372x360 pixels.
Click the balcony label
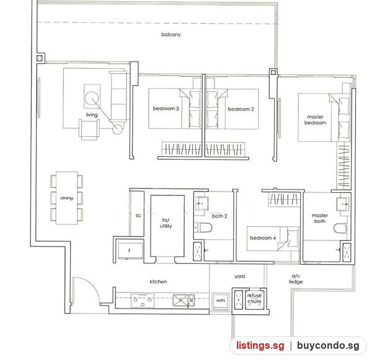(x=171, y=35)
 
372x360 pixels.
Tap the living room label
(x=92, y=115)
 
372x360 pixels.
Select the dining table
(x=67, y=198)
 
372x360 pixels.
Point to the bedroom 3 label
(x=166, y=108)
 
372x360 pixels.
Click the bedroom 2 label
(x=241, y=109)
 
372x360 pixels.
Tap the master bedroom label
(x=316, y=120)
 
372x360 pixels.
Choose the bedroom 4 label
(x=263, y=238)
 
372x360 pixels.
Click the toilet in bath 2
(x=203, y=227)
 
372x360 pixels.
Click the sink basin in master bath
(x=343, y=204)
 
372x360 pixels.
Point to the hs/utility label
(x=166, y=223)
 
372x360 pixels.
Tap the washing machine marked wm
(x=220, y=301)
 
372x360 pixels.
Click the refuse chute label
(x=254, y=298)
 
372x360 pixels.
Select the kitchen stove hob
(x=143, y=301)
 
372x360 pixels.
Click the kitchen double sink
(x=184, y=301)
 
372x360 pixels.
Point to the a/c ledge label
(x=296, y=279)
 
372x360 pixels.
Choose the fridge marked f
(x=130, y=251)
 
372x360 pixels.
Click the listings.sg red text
(x=260, y=345)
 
